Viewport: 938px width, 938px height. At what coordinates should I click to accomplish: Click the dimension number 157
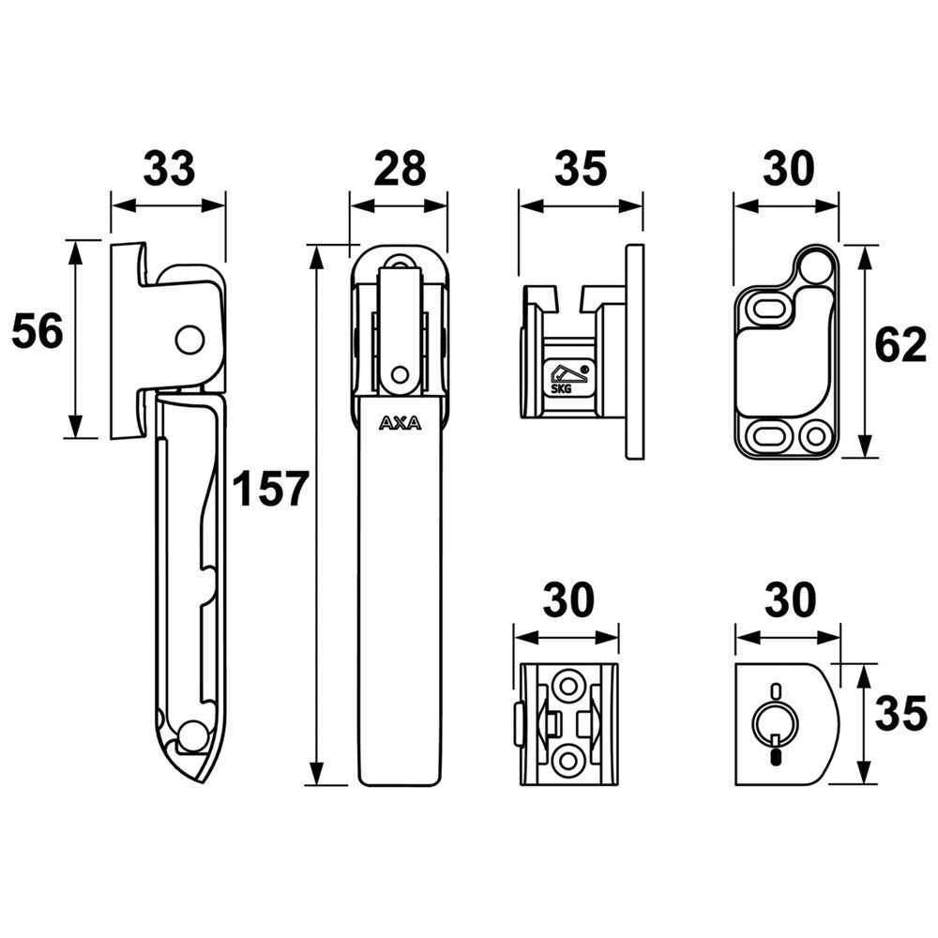271,489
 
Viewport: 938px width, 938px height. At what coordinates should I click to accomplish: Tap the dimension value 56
37,332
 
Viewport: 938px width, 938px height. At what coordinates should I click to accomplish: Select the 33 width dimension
169,169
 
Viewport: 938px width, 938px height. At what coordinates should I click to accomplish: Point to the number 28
400,169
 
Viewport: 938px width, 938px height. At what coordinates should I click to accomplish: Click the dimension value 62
900,346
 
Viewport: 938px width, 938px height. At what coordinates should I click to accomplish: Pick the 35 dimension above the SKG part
582,169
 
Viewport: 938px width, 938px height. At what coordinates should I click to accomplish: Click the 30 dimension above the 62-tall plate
788,169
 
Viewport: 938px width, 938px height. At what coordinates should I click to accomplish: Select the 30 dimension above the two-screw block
567,600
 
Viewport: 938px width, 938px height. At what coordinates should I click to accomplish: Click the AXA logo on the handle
401,423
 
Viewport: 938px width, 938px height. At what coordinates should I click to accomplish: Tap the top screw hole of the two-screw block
567,687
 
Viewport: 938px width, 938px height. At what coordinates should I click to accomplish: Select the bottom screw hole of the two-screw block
567,758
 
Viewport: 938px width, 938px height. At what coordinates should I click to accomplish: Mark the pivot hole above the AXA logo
401,375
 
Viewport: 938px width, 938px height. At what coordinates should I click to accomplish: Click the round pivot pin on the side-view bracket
189,340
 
